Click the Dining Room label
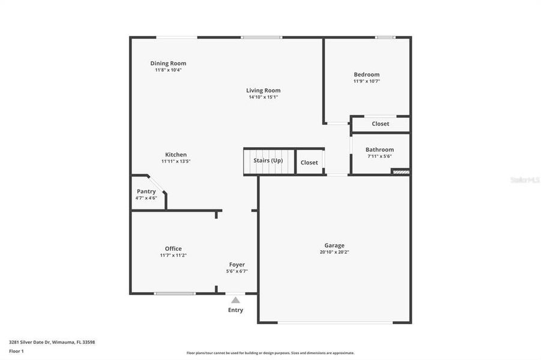click(168, 63)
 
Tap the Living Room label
click(263, 90)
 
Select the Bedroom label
click(366, 74)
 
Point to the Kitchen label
click(176, 154)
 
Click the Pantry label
click(146, 191)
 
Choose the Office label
click(173, 248)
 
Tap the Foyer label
click(237, 265)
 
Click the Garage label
click(334, 245)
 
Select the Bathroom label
click(379, 149)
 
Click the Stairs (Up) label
click(268, 160)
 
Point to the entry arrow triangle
click(235, 299)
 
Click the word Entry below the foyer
click(235, 310)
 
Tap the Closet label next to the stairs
click(309, 163)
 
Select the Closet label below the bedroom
click(380, 124)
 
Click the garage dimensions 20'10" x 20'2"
click(334, 252)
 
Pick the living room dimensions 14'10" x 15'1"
click(263, 97)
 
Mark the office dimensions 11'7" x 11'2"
click(173, 256)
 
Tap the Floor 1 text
click(16, 351)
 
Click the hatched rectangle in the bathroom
click(400, 172)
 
